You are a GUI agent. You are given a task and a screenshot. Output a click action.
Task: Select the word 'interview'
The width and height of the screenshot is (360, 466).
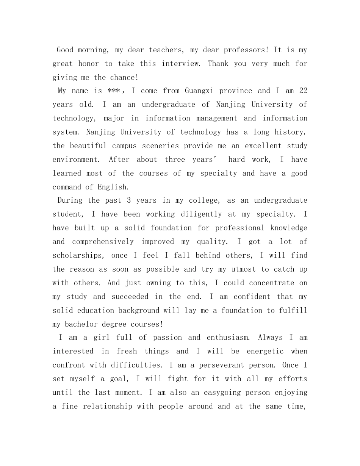182,64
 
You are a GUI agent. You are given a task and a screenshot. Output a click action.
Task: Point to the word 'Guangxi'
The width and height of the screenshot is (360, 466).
200,91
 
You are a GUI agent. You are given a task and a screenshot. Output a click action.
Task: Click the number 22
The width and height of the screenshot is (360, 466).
303,91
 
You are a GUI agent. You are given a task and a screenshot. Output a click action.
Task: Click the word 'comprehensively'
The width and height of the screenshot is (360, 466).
103,242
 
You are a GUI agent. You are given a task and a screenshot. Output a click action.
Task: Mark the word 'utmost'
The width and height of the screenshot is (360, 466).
244,269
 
